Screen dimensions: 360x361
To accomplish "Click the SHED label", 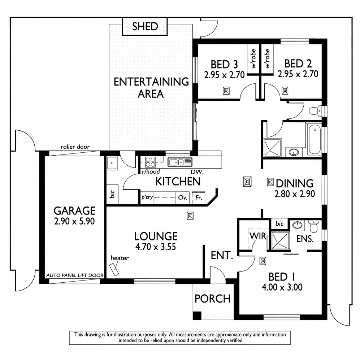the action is click(145, 26).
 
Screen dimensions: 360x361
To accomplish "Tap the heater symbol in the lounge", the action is click(114, 270).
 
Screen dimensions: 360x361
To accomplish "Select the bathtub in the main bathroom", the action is click(315, 139).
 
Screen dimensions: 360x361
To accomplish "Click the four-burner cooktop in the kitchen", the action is click(150, 162).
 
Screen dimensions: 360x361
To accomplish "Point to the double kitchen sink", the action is click(180, 162).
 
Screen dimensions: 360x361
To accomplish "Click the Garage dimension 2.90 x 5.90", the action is click(74, 221).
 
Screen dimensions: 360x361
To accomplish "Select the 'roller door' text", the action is click(75, 147).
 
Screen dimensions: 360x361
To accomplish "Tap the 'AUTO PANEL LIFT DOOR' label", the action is click(75, 275).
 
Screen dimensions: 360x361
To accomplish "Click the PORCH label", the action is click(212, 299).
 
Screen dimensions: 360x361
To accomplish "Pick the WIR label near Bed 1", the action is click(258, 236).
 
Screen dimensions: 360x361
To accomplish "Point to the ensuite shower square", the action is click(280, 240).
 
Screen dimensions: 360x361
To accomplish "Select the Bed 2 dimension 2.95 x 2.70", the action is click(298, 74).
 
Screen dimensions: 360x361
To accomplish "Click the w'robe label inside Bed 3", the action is click(253, 58).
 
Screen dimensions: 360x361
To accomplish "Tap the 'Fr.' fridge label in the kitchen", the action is click(199, 198).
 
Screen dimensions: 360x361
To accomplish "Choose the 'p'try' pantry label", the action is click(147, 197).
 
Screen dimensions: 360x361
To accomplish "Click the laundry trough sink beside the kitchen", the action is click(112, 163).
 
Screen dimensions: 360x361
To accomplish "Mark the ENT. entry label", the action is click(222, 255).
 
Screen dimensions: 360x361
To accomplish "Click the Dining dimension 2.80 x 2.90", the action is click(295, 194).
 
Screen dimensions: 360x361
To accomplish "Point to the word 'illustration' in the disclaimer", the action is click(121, 335).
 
